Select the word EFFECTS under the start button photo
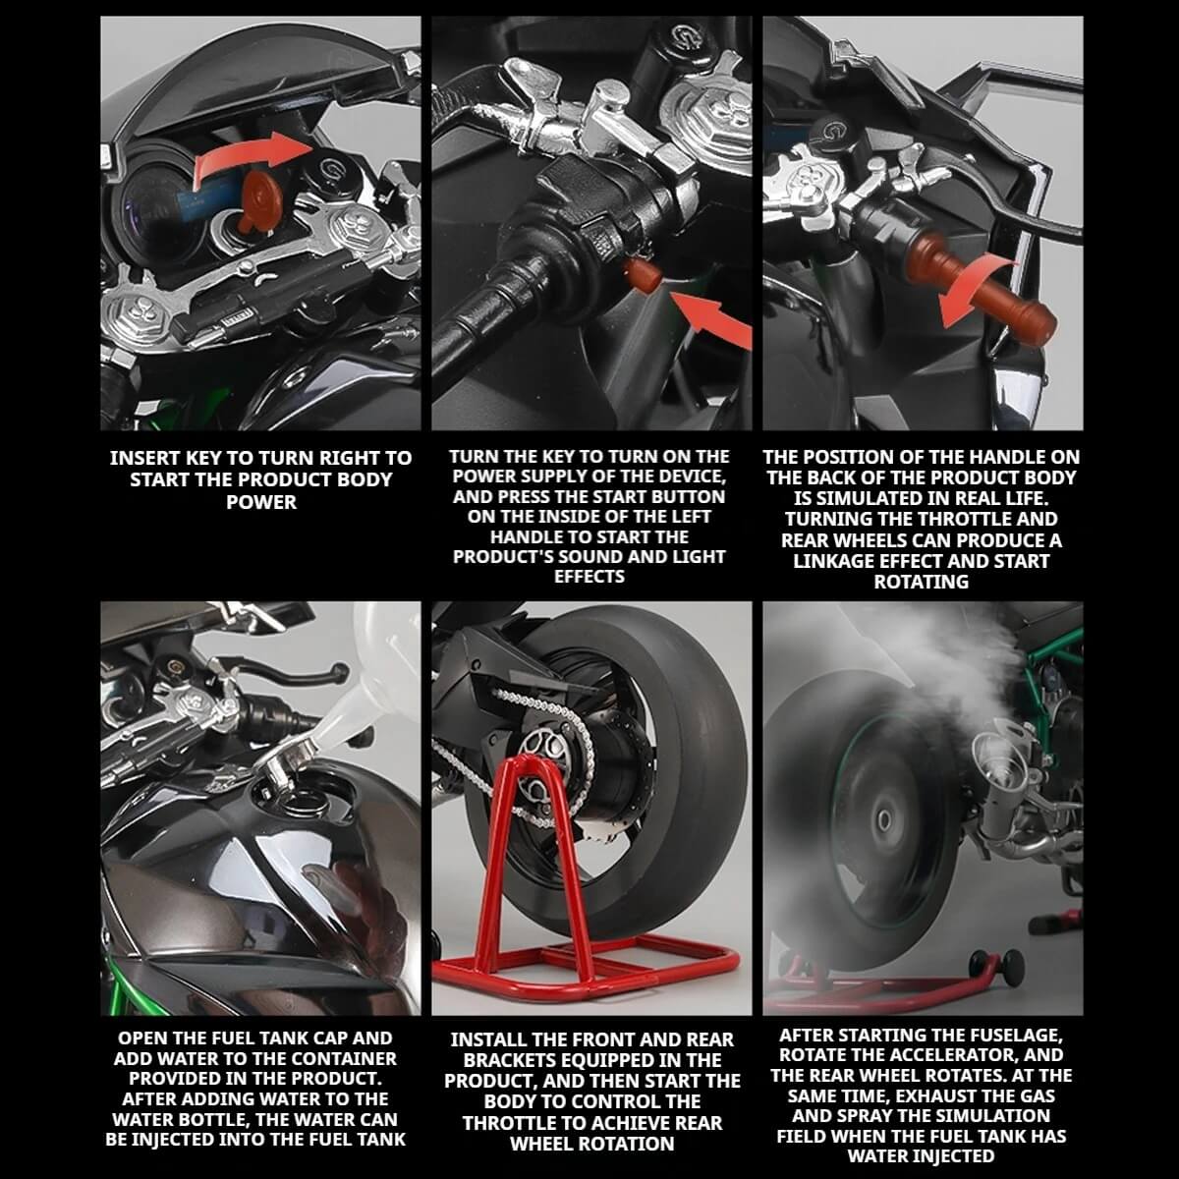(589, 577)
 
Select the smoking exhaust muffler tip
(992, 781)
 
